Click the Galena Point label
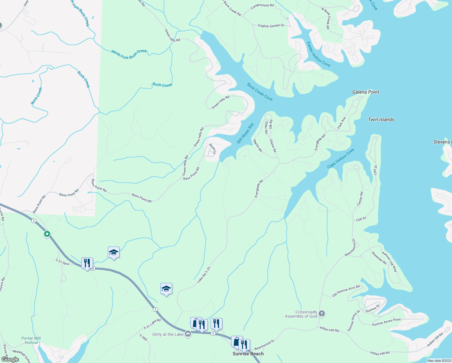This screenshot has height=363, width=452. click(366, 92)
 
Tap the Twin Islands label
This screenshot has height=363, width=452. click(381, 119)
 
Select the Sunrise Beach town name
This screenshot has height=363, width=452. click(248, 354)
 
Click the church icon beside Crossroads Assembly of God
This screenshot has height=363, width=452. click(322, 313)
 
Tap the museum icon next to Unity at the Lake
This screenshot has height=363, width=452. click(188, 334)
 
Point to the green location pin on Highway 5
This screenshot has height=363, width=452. click(47, 234)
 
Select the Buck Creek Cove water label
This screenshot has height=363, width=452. click(260, 92)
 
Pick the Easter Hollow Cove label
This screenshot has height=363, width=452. click(318, 54)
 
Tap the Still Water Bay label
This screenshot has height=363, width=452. click(245, 133)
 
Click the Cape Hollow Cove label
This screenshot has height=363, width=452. click(341, 159)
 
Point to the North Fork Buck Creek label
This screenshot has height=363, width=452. click(129, 54)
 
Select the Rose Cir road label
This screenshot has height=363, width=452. click(212, 149)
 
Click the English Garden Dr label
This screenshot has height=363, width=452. click(271, 26)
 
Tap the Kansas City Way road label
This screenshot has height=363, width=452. click(390, 262)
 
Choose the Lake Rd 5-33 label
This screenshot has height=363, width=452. click(204, 275)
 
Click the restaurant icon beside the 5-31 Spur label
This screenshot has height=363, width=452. click(87, 263)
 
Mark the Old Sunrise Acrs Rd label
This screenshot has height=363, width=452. click(346, 291)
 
